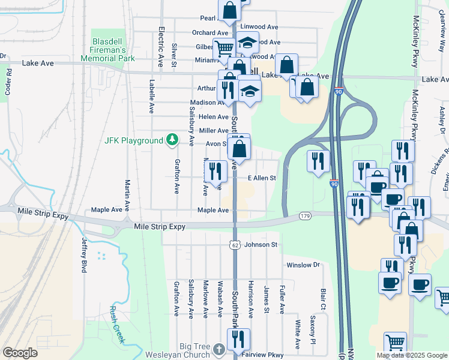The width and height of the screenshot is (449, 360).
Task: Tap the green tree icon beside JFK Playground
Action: click(x=173, y=140)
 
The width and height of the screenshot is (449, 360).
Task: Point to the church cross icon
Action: click(x=219, y=349)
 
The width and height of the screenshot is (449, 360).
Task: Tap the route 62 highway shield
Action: click(x=234, y=245)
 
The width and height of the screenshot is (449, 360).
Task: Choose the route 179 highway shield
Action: click(x=304, y=215)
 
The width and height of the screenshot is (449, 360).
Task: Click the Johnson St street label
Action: click(x=261, y=245)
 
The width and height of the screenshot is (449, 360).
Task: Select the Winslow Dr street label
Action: click(x=303, y=265)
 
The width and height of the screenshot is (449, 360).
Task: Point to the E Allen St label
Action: click(x=262, y=178)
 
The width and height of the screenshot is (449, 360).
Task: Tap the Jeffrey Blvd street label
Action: click(x=84, y=255)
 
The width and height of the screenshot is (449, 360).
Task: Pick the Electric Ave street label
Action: click(x=161, y=46)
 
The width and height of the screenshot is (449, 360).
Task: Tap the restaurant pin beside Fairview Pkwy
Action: click(x=238, y=340)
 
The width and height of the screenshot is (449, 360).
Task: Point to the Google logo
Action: click(x=20, y=353)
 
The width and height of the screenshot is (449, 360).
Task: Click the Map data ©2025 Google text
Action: click(x=412, y=355)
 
